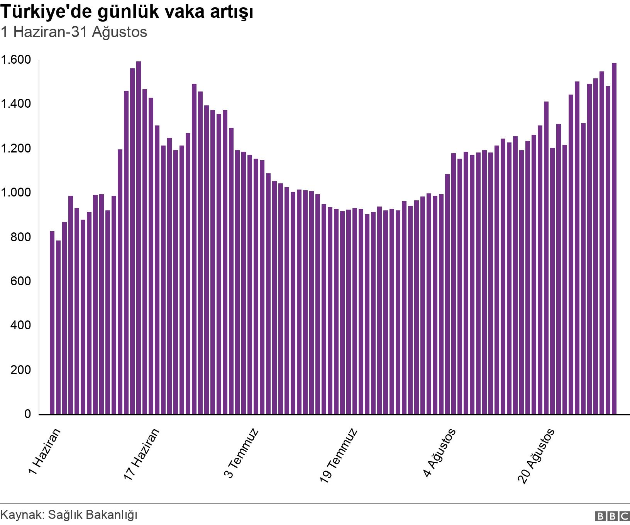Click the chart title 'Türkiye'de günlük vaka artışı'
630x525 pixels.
pos(127,12)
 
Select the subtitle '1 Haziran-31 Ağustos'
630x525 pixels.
pos(74,32)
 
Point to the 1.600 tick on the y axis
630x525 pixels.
pos(16,60)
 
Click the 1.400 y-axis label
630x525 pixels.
pos(16,104)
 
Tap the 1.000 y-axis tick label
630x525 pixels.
pos(16,192)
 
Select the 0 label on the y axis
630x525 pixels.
pos(27,414)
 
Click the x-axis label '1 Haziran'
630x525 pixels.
pos(44,452)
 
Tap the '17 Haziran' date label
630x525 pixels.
pos(141,454)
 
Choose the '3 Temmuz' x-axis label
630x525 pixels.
pos(241,453)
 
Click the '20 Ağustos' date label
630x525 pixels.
pos(536,456)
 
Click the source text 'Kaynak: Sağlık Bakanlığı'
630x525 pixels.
pos(69,515)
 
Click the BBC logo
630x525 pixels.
pos(612,516)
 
